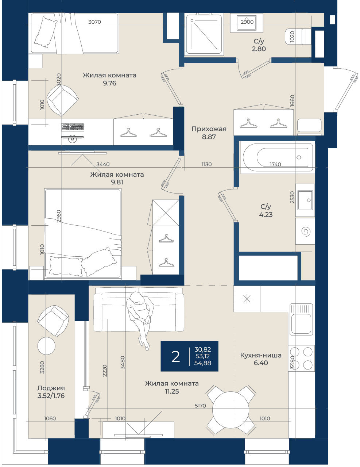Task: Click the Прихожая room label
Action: click(209, 129)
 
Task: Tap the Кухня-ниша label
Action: click(261, 355)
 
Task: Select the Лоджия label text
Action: click(51, 388)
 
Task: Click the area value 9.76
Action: click(109, 83)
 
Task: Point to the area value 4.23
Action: click(266, 214)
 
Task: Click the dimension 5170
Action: click(200, 406)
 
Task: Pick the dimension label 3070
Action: click(95, 22)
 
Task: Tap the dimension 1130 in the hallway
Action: click(206, 164)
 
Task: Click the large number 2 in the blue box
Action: click(175, 356)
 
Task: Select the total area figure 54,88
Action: click(203, 363)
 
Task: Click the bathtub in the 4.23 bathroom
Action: click(277, 157)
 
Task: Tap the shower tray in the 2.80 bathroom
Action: click(204, 34)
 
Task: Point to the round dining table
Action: click(231, 410)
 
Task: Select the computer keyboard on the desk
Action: click(73, 127)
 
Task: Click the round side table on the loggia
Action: click(46, 346)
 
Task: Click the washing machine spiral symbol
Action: click(306, 231)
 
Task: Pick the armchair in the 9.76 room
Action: click(62, 100)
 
